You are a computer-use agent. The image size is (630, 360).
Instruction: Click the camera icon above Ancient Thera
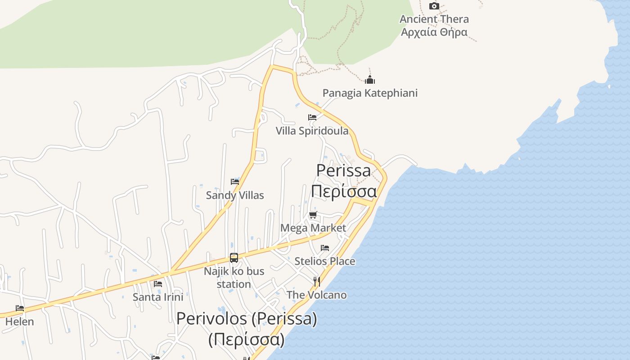click(x=434, y=6)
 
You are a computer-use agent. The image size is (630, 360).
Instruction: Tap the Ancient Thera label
click(x=434, y=19)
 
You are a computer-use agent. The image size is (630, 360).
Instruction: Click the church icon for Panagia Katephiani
click(x=370, y=81)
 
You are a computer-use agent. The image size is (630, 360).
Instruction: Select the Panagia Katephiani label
click(x=370, y=93)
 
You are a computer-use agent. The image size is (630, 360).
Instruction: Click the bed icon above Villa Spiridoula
click(x=312, y=117)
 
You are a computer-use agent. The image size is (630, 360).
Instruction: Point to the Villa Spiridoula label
click(x=312, y=131)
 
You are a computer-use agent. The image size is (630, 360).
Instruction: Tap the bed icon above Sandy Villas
click(x=235, y=182)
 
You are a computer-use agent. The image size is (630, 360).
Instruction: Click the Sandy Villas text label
click(x=235, y=195)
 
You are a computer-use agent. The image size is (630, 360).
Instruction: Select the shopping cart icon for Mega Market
click(x=313, y=215)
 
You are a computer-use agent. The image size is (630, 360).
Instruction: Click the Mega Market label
click(x=313, y=228)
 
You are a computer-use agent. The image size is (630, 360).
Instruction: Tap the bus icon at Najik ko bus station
click(x=234, y=258)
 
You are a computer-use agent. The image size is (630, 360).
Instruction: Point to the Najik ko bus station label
click(x=234, y=278)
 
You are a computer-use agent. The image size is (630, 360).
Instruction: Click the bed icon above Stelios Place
click(x=325, y=248)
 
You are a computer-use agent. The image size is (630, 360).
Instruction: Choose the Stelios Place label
click(x=325, y=261)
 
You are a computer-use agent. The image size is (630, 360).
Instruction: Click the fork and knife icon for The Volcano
click(x=317, y=282)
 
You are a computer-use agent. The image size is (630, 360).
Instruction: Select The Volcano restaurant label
click(x=317, y=295)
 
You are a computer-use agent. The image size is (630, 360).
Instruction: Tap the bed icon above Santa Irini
click(x=158, y=284)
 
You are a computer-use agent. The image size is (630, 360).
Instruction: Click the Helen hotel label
click(x=20, y=322)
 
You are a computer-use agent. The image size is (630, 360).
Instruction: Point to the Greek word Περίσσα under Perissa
click(x=344, y=191)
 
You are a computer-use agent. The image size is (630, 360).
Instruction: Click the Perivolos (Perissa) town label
click(x=247, y=319)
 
